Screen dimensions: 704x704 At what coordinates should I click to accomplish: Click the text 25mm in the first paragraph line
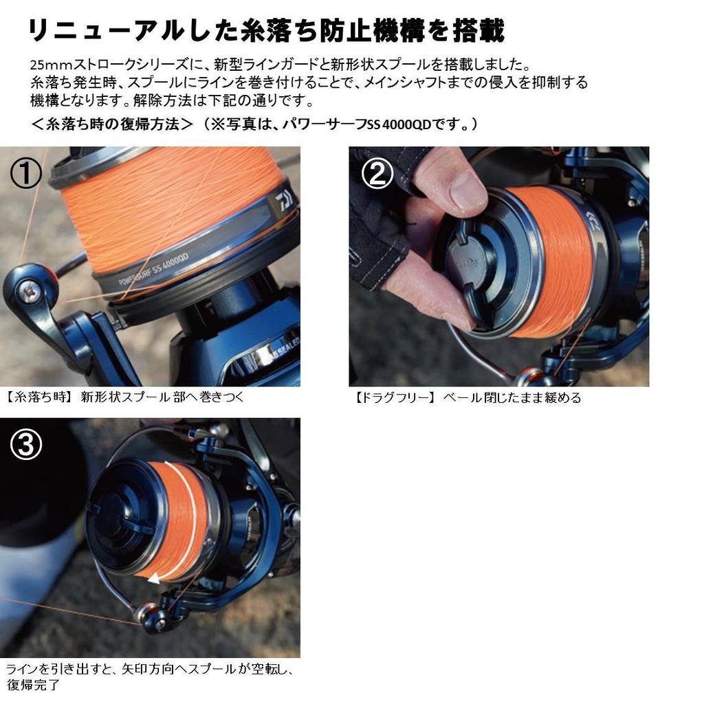pos(47,65)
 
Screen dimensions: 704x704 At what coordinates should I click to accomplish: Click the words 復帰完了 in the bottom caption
pos(33,684)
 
